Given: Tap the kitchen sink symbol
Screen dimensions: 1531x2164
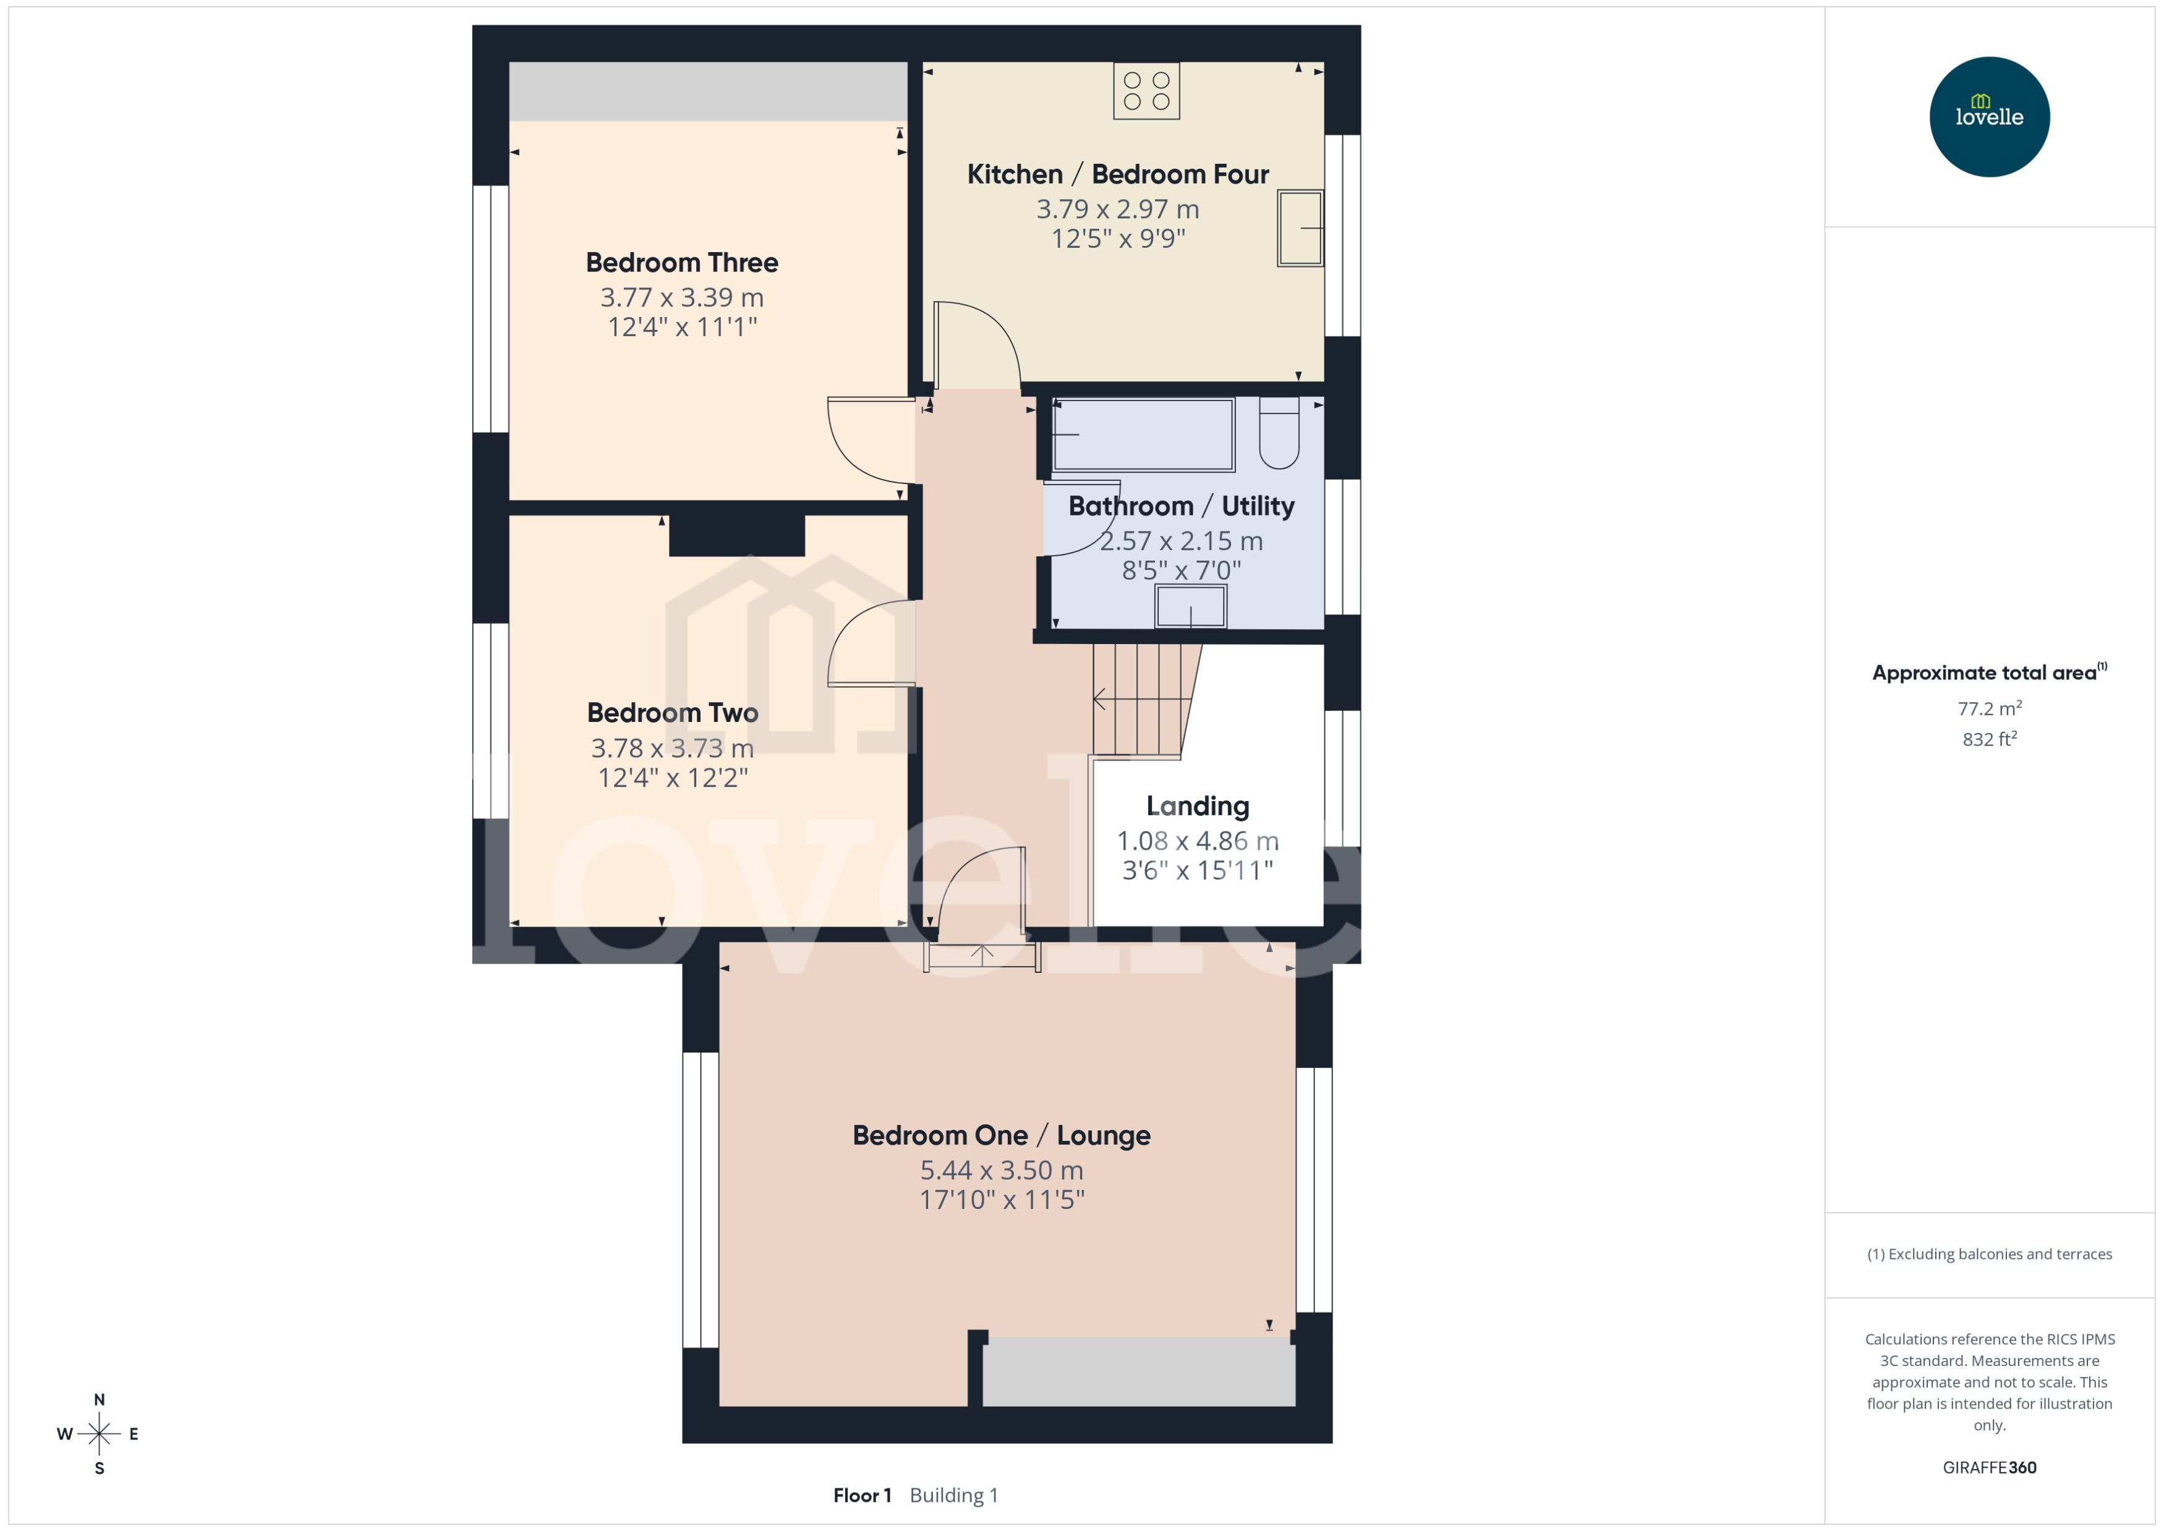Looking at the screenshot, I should [1300, 228].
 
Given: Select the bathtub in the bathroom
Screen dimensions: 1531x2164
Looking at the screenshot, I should [1143, 435].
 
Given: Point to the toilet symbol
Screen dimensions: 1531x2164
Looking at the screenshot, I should [1279, 435].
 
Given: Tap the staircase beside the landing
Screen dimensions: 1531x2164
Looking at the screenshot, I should [1141, 700].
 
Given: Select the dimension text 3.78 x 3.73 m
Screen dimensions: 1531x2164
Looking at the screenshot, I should [672, 748].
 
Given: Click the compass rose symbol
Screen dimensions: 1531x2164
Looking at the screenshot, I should [99, 1434].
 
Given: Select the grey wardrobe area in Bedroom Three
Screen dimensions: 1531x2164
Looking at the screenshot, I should [707, 91].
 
